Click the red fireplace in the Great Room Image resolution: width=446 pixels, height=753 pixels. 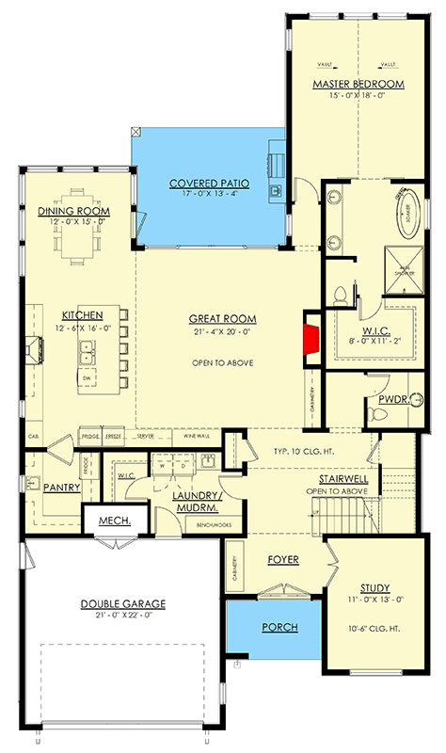[310, 338]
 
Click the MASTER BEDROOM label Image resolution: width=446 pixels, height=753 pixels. [358, 85]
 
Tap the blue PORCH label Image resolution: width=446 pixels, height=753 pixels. [280, 627]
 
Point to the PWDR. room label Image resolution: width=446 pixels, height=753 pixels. [391, 399]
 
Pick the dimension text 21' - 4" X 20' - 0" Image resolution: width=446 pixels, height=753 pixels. [224, 331]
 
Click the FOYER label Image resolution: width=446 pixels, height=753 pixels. [281, 560]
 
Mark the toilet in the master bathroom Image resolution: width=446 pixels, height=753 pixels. [341, 296]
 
